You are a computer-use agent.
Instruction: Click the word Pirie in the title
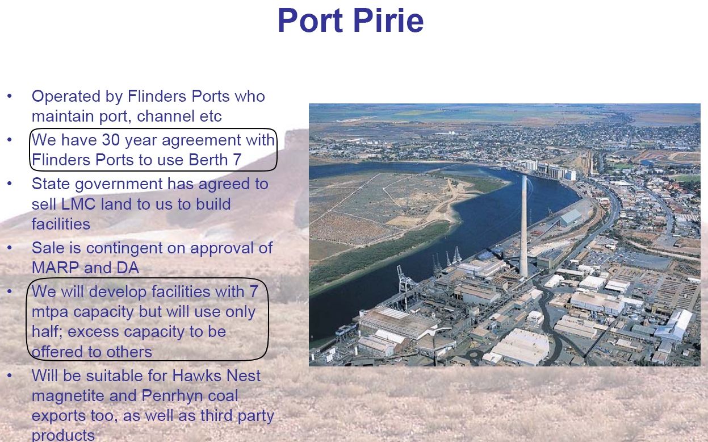tap(388, 20)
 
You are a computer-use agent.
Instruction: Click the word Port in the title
tap(310, 20)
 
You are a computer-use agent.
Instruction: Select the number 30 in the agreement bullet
tap(111, 139)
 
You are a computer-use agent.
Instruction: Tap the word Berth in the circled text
tap(208, 159)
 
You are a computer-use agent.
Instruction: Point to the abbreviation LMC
tap(78, 204)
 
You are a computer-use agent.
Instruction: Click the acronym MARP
tap(55, 268)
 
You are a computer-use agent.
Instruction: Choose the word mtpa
tap(50, 312)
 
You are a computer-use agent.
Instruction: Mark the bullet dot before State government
tap(10, 183)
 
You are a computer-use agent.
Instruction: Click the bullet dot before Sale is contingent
tap(10, 248)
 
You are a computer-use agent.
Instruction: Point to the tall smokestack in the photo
tap(523, 226)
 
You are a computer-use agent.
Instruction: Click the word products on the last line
tap(63, 436)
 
